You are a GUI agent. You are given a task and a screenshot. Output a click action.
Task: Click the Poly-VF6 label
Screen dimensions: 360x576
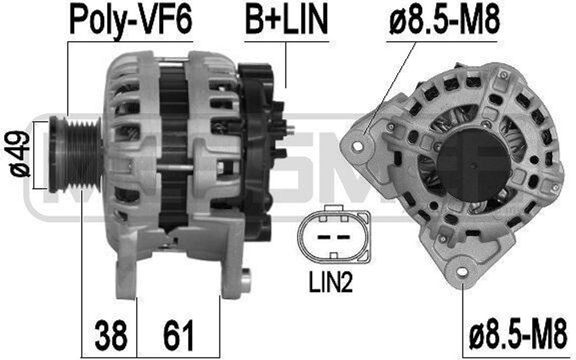(x=130, y=20)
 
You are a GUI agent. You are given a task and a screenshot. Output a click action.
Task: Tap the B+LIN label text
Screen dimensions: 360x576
(x=286, y=20)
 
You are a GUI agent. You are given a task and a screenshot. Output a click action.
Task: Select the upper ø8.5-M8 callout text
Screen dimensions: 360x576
(x=444, y=20)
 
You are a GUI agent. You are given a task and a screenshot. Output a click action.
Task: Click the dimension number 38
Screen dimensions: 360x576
(x=110, y=336)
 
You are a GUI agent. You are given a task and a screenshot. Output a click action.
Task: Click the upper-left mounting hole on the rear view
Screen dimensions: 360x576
(x=357, y=146)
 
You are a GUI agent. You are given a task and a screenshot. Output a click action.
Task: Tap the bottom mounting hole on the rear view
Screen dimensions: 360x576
(x=462, y=272)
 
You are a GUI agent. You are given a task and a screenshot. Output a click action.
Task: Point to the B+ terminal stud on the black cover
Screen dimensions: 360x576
(x=289, y=129)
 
